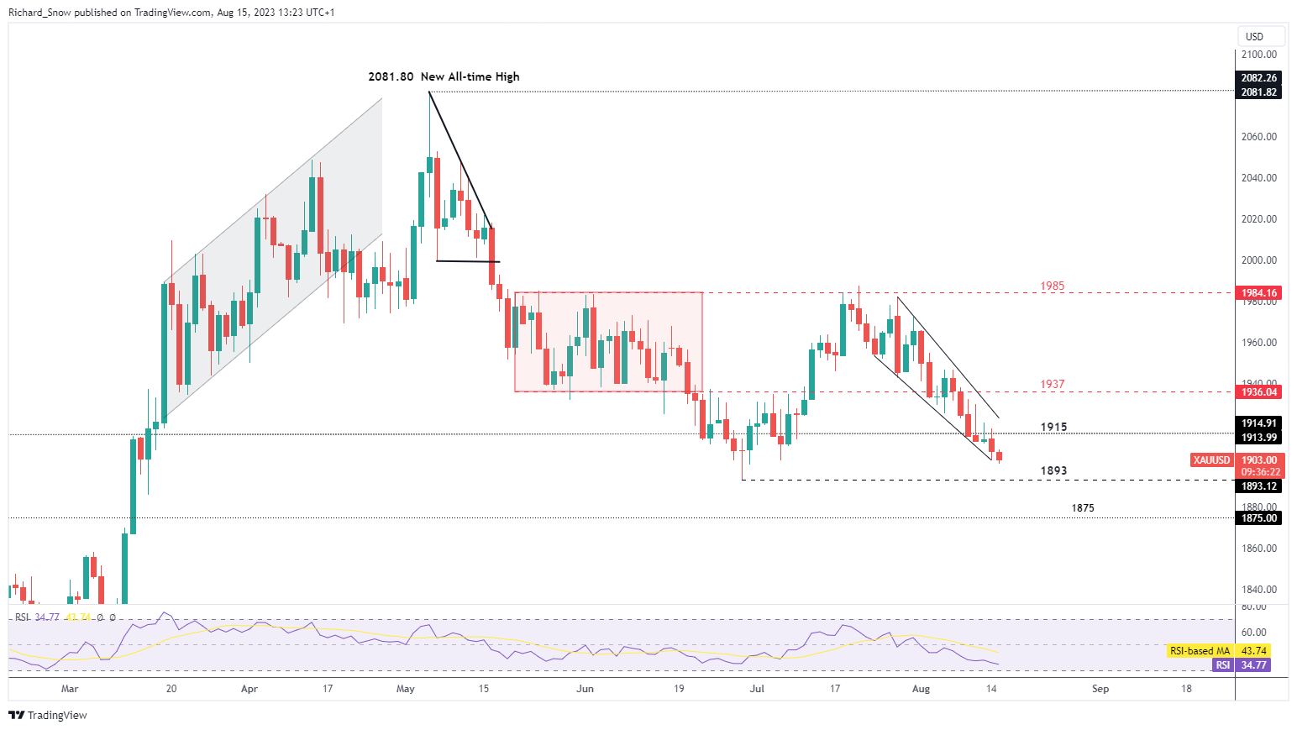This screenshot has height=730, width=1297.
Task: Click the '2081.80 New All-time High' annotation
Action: pos(444,76)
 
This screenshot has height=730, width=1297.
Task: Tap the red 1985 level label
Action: pos(1052,286)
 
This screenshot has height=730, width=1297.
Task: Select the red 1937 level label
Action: pos(1052,384)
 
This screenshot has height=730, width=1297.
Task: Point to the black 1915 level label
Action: pos(1053,427)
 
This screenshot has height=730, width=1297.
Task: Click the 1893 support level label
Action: pos(1053,470)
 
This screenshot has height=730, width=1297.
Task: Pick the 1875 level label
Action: pos(1083,508)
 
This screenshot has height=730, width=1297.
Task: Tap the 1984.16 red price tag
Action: pos(1259,293)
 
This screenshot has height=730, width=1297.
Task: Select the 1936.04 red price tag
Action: pos(1259,391)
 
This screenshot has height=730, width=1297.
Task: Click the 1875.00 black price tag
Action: pos(1259,518)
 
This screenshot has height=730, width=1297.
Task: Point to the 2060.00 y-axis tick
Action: pos(1259,136)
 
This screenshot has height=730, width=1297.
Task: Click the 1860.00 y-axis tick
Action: pos(1259,549)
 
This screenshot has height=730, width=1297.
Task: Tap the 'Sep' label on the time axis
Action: pos(1100,689)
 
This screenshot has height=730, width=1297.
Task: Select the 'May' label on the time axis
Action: pos(406,689)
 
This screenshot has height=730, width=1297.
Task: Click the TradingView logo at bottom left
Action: pos(48,715)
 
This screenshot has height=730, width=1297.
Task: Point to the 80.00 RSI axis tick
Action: pos(1254,607)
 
